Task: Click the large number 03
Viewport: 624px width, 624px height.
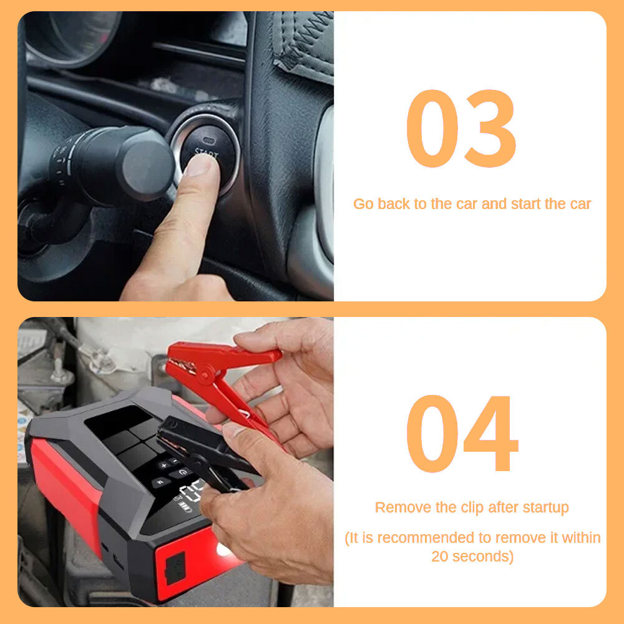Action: (461, 129)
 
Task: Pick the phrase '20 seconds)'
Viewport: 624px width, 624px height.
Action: (472, 556)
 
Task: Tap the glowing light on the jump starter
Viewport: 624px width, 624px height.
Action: (223, 550)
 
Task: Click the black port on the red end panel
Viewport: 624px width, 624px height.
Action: (175, 568)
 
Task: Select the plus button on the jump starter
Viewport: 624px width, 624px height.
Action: (163, 465)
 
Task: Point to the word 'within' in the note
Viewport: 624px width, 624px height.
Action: (581, 537)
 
